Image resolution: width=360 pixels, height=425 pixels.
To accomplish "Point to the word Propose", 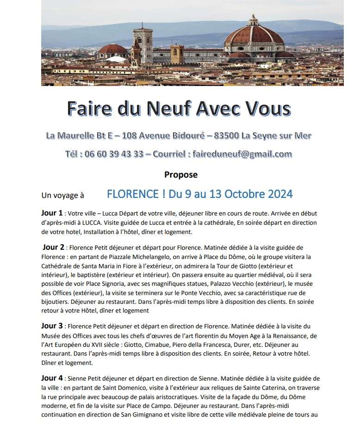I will [x=180, y=175].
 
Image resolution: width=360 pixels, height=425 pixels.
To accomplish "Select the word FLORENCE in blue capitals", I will [x=132, y=194].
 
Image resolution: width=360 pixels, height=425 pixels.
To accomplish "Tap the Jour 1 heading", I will [x=52, y=213].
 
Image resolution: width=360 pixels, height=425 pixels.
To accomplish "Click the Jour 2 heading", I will [x=54, y=247].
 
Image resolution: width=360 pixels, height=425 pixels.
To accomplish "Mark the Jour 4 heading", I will [x=52, y=378].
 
